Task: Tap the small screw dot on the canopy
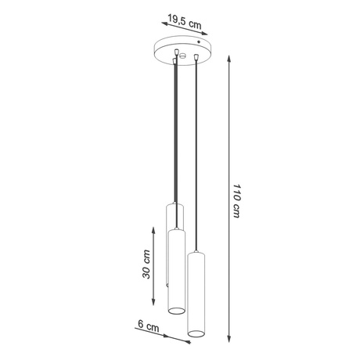pyautogui.click(x=200, y=42)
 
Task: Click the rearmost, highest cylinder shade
pyautogui.click(x=173, y=215)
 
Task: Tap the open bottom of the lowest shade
pyautogui.click(x=195, y=336)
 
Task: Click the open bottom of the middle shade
pyautogui.click(x=176, y=311)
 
